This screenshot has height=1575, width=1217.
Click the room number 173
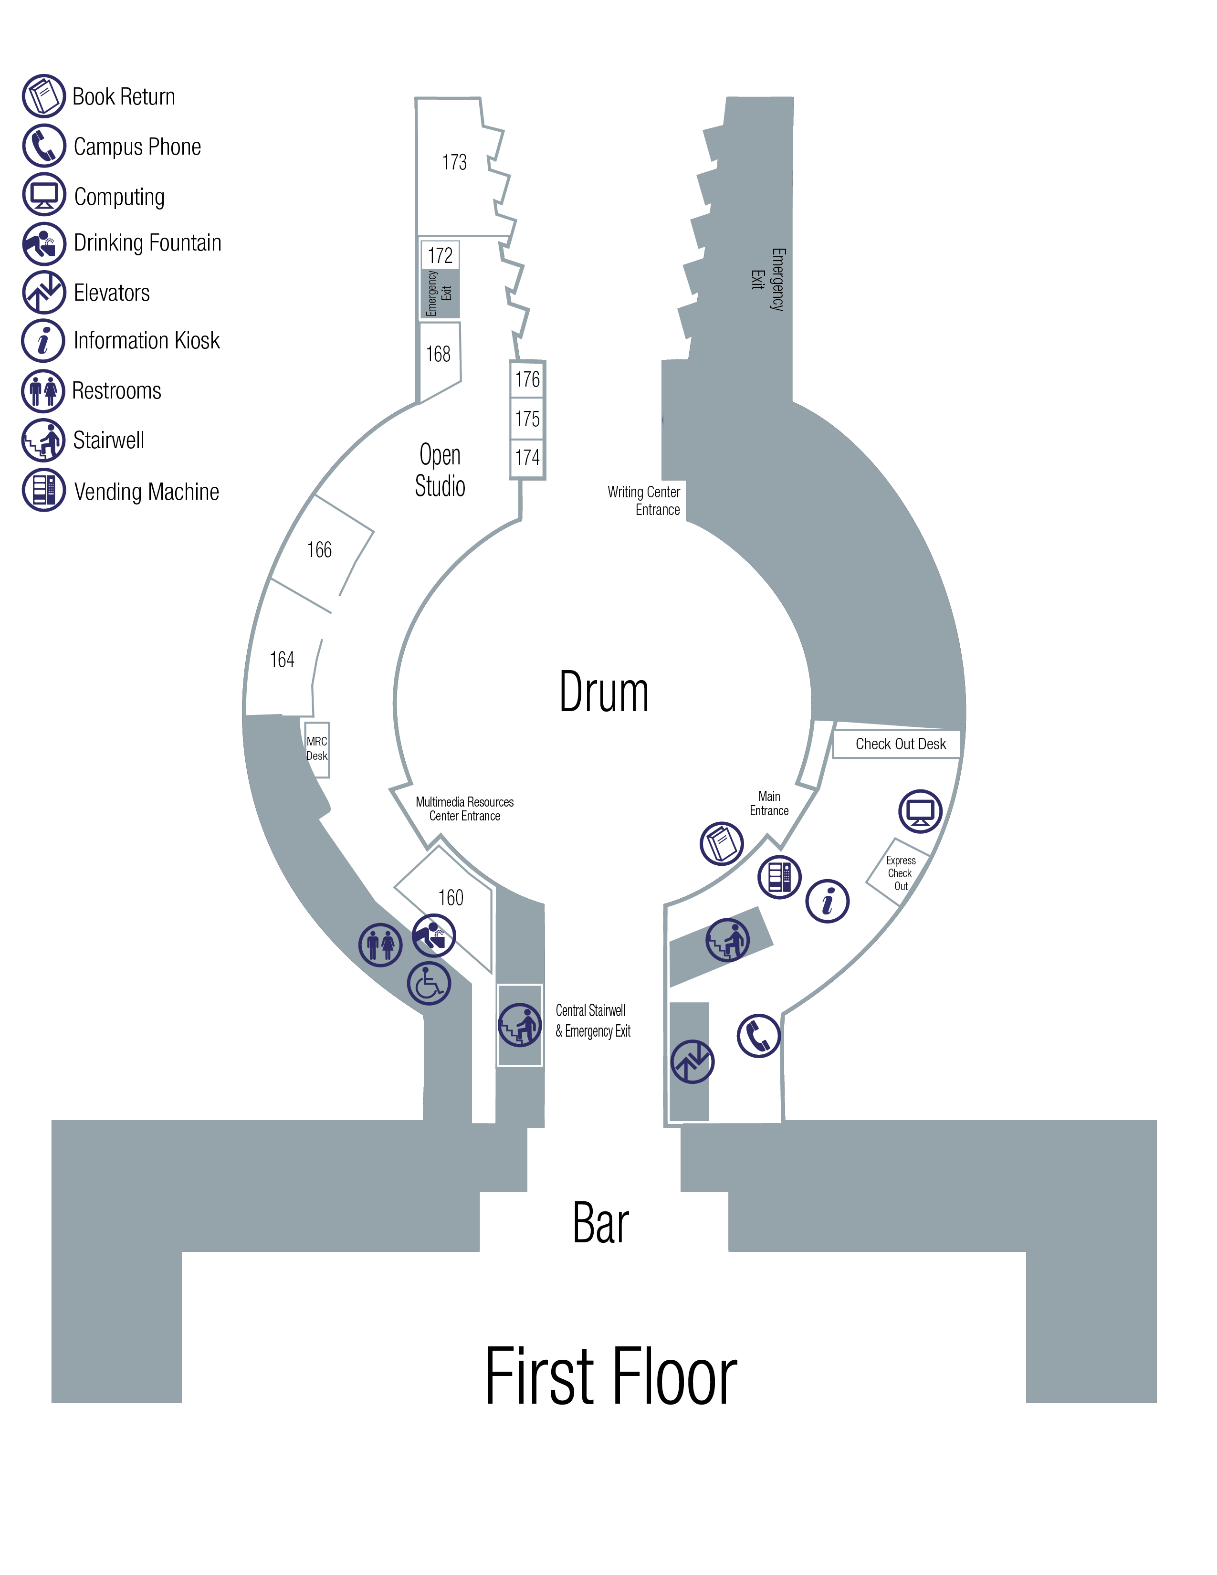(454, 162)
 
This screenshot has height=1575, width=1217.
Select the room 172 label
(440, 255)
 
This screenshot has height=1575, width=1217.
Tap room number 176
(527, 379)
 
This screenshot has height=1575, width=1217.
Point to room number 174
(527, 457)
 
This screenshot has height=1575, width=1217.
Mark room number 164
(282, 659)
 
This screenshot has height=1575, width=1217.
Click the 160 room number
(451, 898)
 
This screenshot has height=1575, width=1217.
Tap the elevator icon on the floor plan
(692, 1061)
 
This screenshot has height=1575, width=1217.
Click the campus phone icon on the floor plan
(758, 1036)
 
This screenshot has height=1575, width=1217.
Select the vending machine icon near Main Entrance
(779, 877)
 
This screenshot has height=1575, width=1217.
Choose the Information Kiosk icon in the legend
(44, 340)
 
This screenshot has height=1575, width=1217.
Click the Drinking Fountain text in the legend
(147, 243)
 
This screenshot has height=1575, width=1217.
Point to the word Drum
(603, 693)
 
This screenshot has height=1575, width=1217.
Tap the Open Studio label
(440, 470)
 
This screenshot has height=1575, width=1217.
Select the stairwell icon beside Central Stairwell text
(520, 1025)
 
